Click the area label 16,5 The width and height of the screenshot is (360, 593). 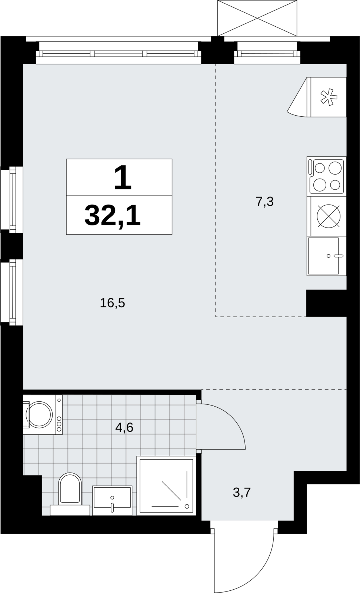click(113, 303)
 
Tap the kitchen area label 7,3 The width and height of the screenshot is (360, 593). click(264, 202)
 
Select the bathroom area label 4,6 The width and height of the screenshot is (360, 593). click(124, 427)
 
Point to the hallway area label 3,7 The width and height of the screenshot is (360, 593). click(242, 493)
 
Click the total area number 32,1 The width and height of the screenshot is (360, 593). click(113, 215)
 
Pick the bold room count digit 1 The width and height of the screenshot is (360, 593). click(123, 178)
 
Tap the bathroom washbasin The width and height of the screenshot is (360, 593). click(112, 500)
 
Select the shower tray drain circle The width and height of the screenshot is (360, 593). click(187, 506)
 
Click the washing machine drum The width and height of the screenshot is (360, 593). click(39, 415)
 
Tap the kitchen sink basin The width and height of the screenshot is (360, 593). click(323, 256)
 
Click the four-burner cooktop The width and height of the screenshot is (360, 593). click(327, 176)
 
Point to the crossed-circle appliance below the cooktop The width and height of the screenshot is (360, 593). click(328, 216)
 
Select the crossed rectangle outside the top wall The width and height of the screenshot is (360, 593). click(257, 18)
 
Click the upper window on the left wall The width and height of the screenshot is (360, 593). click(12, 199)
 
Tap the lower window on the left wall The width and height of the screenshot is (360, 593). click(12, 292)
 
